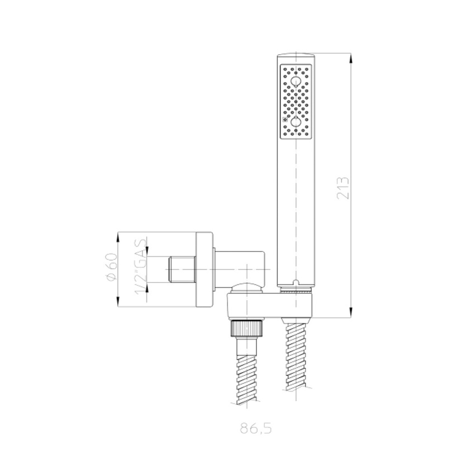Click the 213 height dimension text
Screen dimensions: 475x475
[x=344, y=188]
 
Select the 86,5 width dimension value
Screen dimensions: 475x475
[x=256, y=430]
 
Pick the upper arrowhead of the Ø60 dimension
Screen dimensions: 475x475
[x=118, y=237]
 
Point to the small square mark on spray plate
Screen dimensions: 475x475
[x=284, y=120]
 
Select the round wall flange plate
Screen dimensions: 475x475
[x=205, y=269]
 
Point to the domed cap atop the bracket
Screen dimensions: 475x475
[x=246, y=288]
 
